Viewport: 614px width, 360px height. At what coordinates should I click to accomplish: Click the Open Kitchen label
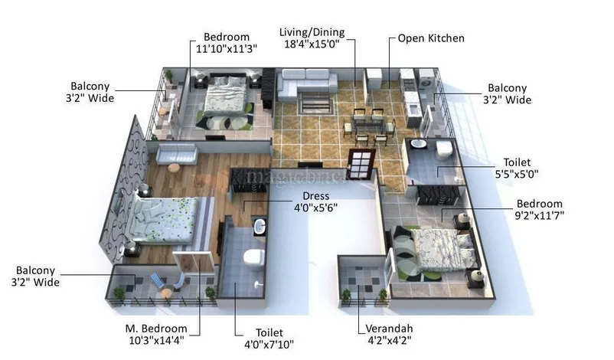point(431,38)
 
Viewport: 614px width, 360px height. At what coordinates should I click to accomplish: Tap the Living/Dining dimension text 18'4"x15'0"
point(312,44)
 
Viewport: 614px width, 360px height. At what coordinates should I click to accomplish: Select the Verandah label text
point(389,329)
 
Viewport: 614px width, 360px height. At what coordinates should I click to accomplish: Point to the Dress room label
point(315,196)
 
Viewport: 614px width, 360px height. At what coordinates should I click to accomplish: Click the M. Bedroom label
point(156,329)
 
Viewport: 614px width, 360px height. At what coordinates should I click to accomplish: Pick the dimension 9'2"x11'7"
point(539,215)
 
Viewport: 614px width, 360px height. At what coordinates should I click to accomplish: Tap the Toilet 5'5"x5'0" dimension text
point(517,174)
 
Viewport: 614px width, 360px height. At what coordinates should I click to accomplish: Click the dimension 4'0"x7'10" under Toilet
point(269,345)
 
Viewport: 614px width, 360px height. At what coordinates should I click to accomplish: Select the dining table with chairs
point(369,126)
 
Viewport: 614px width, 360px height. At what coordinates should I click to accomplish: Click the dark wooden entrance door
point(361,164)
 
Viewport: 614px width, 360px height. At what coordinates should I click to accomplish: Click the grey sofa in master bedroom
point(177,153)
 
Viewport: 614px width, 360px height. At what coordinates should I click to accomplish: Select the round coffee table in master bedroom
point(174,168)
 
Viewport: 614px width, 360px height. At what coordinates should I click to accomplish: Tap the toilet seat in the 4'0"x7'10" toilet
point(254,258)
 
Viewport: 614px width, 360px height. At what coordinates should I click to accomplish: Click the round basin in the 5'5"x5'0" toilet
point(419,143)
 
